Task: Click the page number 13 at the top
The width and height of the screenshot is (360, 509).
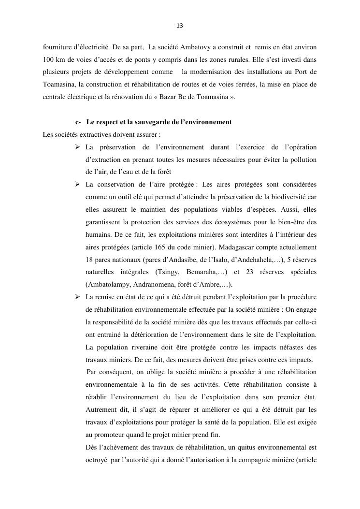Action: point(180,25)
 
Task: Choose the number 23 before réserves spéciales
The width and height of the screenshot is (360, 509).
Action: point(250,272)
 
